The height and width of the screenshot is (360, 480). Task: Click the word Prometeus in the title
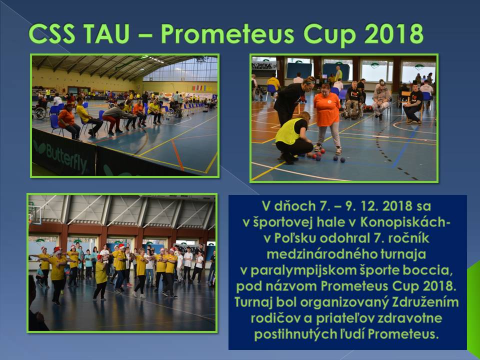tap(227, 33)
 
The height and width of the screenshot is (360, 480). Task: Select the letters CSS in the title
tap(51, 33)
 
